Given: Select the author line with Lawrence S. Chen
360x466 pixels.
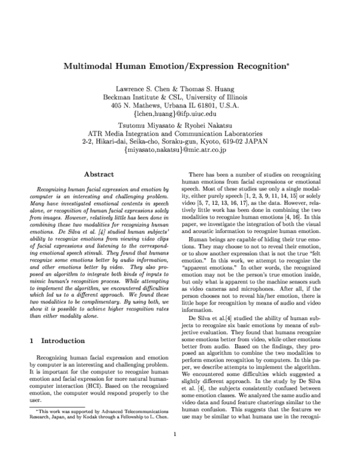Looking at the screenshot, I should pyautogui.click(x=180, y=88).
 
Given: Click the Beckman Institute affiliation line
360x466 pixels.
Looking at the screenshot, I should pyautogui.click(x=180, y=96).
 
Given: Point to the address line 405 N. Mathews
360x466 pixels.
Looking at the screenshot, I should pyautogui.click(x=180, y=104).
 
